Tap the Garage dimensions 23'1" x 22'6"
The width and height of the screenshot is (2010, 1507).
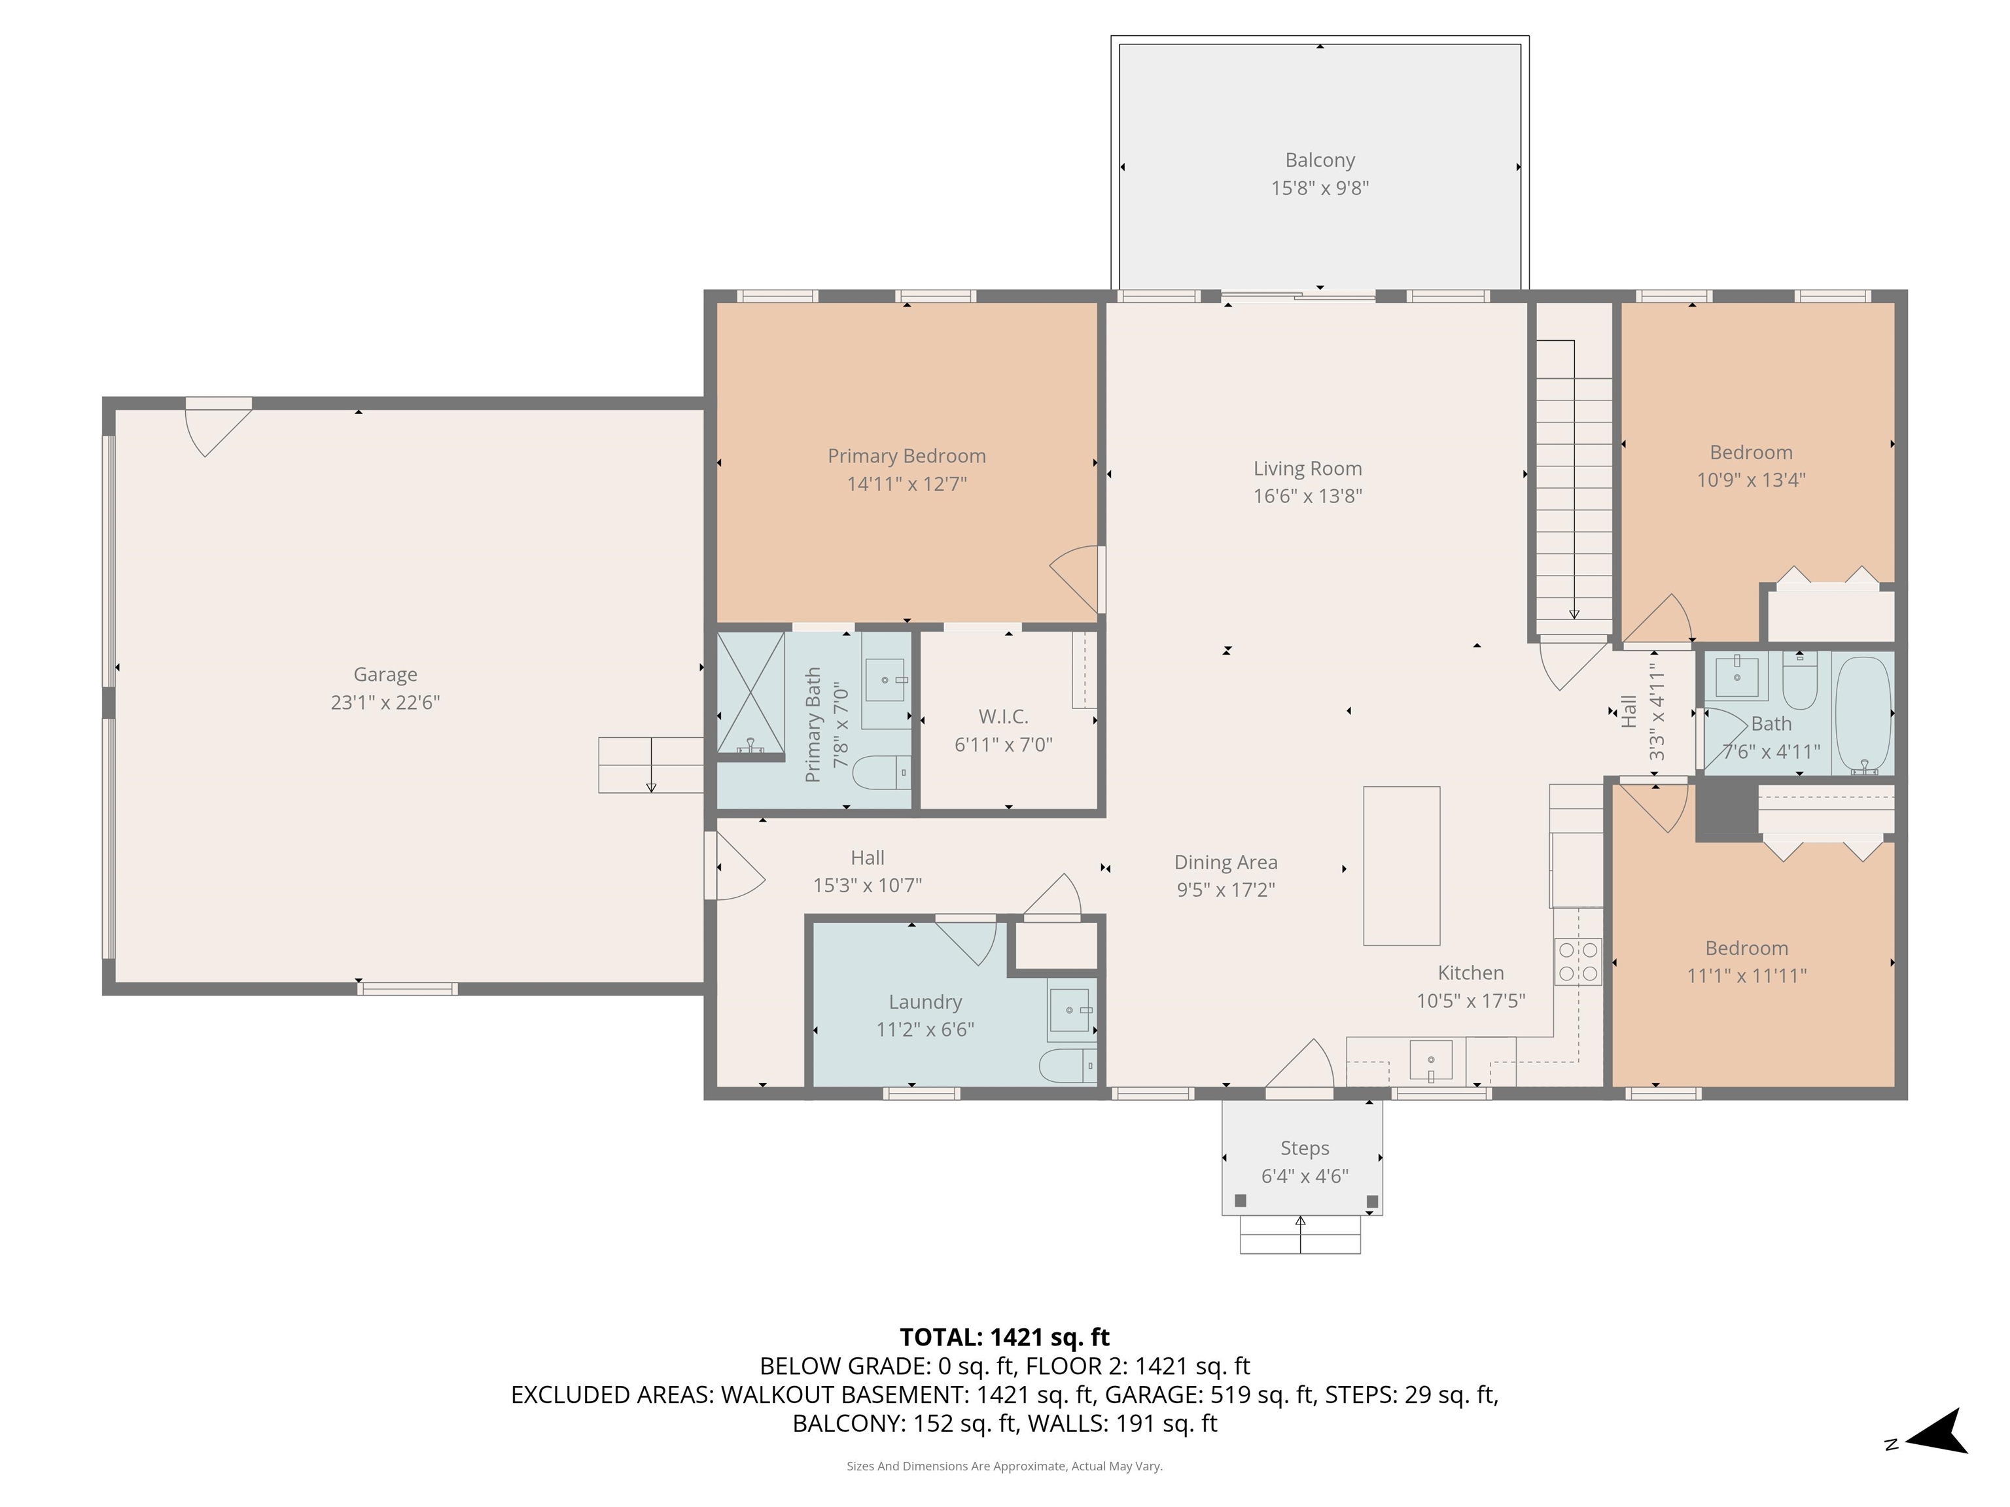click(385, 702)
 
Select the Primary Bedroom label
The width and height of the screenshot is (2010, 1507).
click(906, 456)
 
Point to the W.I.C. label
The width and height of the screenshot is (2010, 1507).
click(1003, 717)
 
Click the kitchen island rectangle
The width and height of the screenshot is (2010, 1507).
click(1402, 866)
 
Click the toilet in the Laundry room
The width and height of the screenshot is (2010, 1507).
click(1068, 1065)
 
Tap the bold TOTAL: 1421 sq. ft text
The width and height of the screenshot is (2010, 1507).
click(1004, 1337)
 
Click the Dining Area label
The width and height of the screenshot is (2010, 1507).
click(1225, 862)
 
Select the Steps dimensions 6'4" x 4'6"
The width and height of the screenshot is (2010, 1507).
click(1304, 1176)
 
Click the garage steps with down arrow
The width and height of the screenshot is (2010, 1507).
click(650, 765)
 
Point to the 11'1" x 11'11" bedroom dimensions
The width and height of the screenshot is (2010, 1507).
click(1746, 976)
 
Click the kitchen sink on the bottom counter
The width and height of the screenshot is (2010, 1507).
click(1430, 1060)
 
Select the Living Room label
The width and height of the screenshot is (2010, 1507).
click(1307, 469)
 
